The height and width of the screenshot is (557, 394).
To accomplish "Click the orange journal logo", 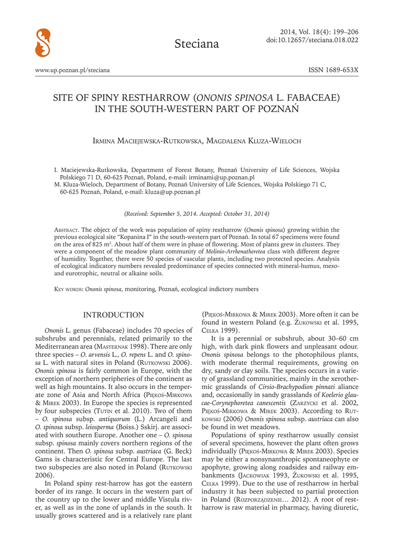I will tap(42, 43).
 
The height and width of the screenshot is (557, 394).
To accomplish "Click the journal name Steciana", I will tap(196, 44).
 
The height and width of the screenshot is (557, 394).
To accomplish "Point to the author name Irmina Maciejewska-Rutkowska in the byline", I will tap(141, 141).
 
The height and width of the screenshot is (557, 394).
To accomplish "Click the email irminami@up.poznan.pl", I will tap(224, 177).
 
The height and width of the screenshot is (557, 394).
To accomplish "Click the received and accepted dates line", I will tap(196, 214).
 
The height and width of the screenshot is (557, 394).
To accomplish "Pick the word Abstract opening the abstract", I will tap(67, 230).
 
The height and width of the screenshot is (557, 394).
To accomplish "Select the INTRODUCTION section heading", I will tap(113, 315).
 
